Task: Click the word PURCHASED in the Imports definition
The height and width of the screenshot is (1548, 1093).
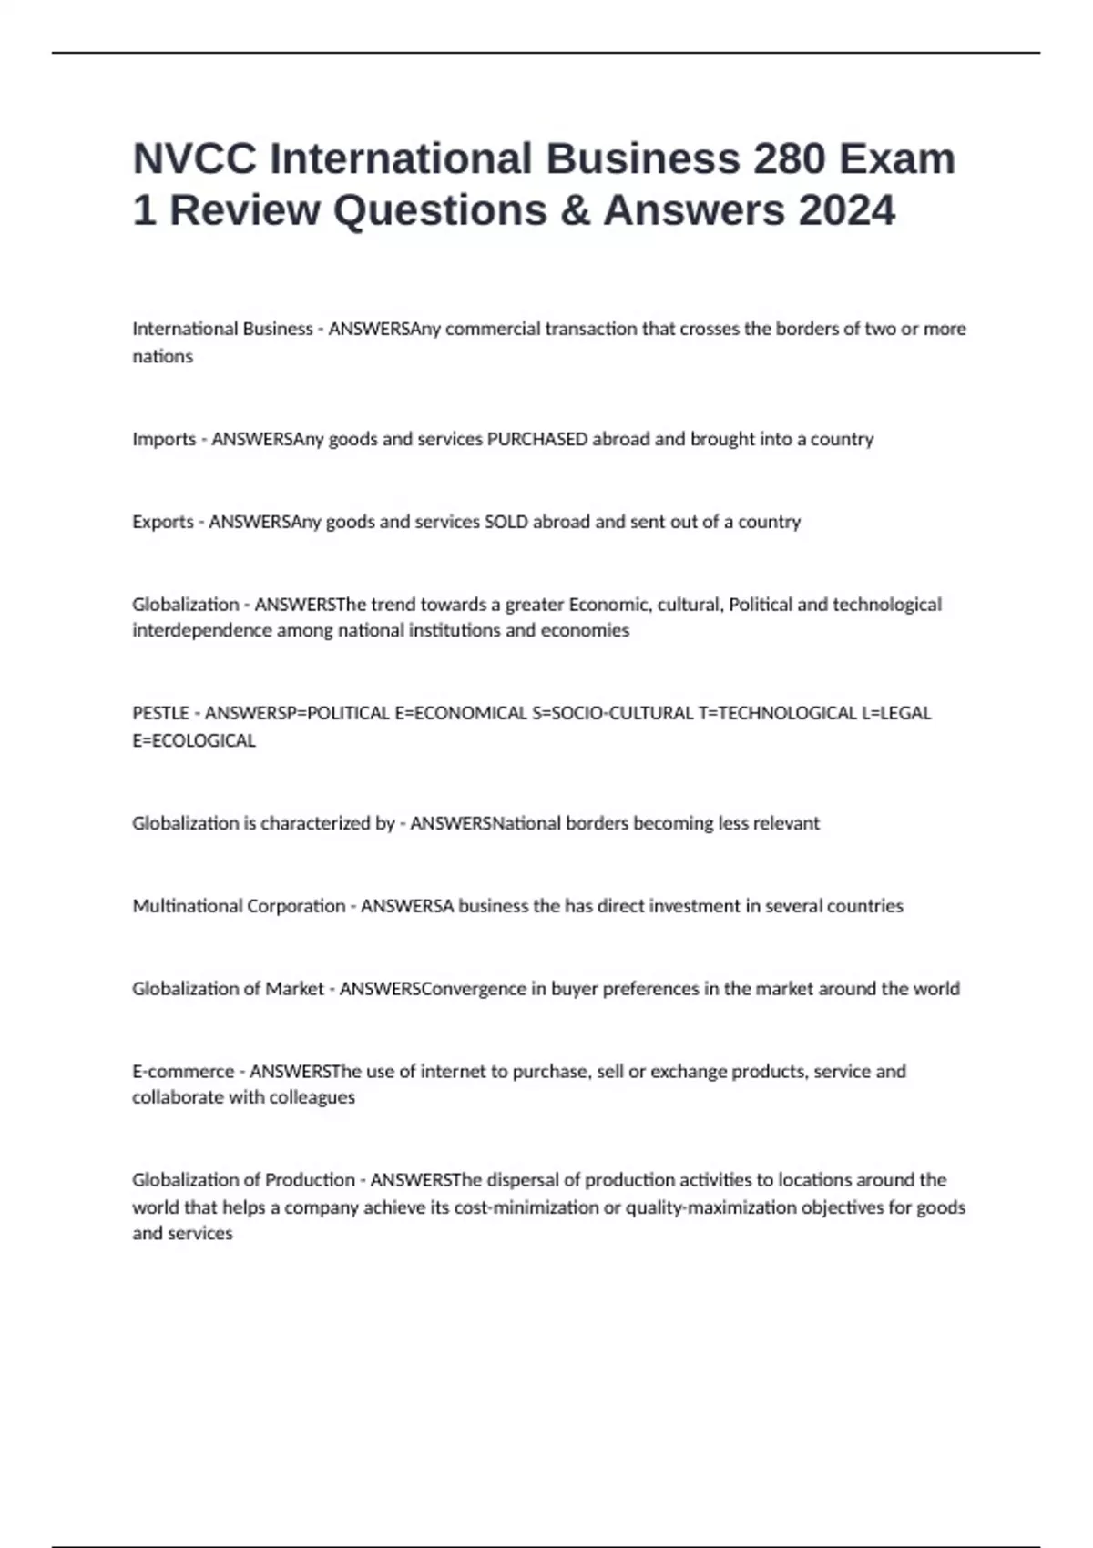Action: tap(537, 439)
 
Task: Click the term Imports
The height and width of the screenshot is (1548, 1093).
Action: tap(164, 439)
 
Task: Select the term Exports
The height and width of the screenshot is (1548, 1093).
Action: tap(163, 522)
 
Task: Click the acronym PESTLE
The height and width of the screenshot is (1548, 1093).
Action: tap(160, 713)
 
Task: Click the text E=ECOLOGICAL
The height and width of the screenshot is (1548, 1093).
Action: tap(194, 740)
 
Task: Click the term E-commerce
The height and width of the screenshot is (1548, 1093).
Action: tap(183, 1072)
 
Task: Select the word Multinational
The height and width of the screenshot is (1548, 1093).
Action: tap(188, 906)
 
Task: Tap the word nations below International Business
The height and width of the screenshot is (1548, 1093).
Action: tap(162, 356)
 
